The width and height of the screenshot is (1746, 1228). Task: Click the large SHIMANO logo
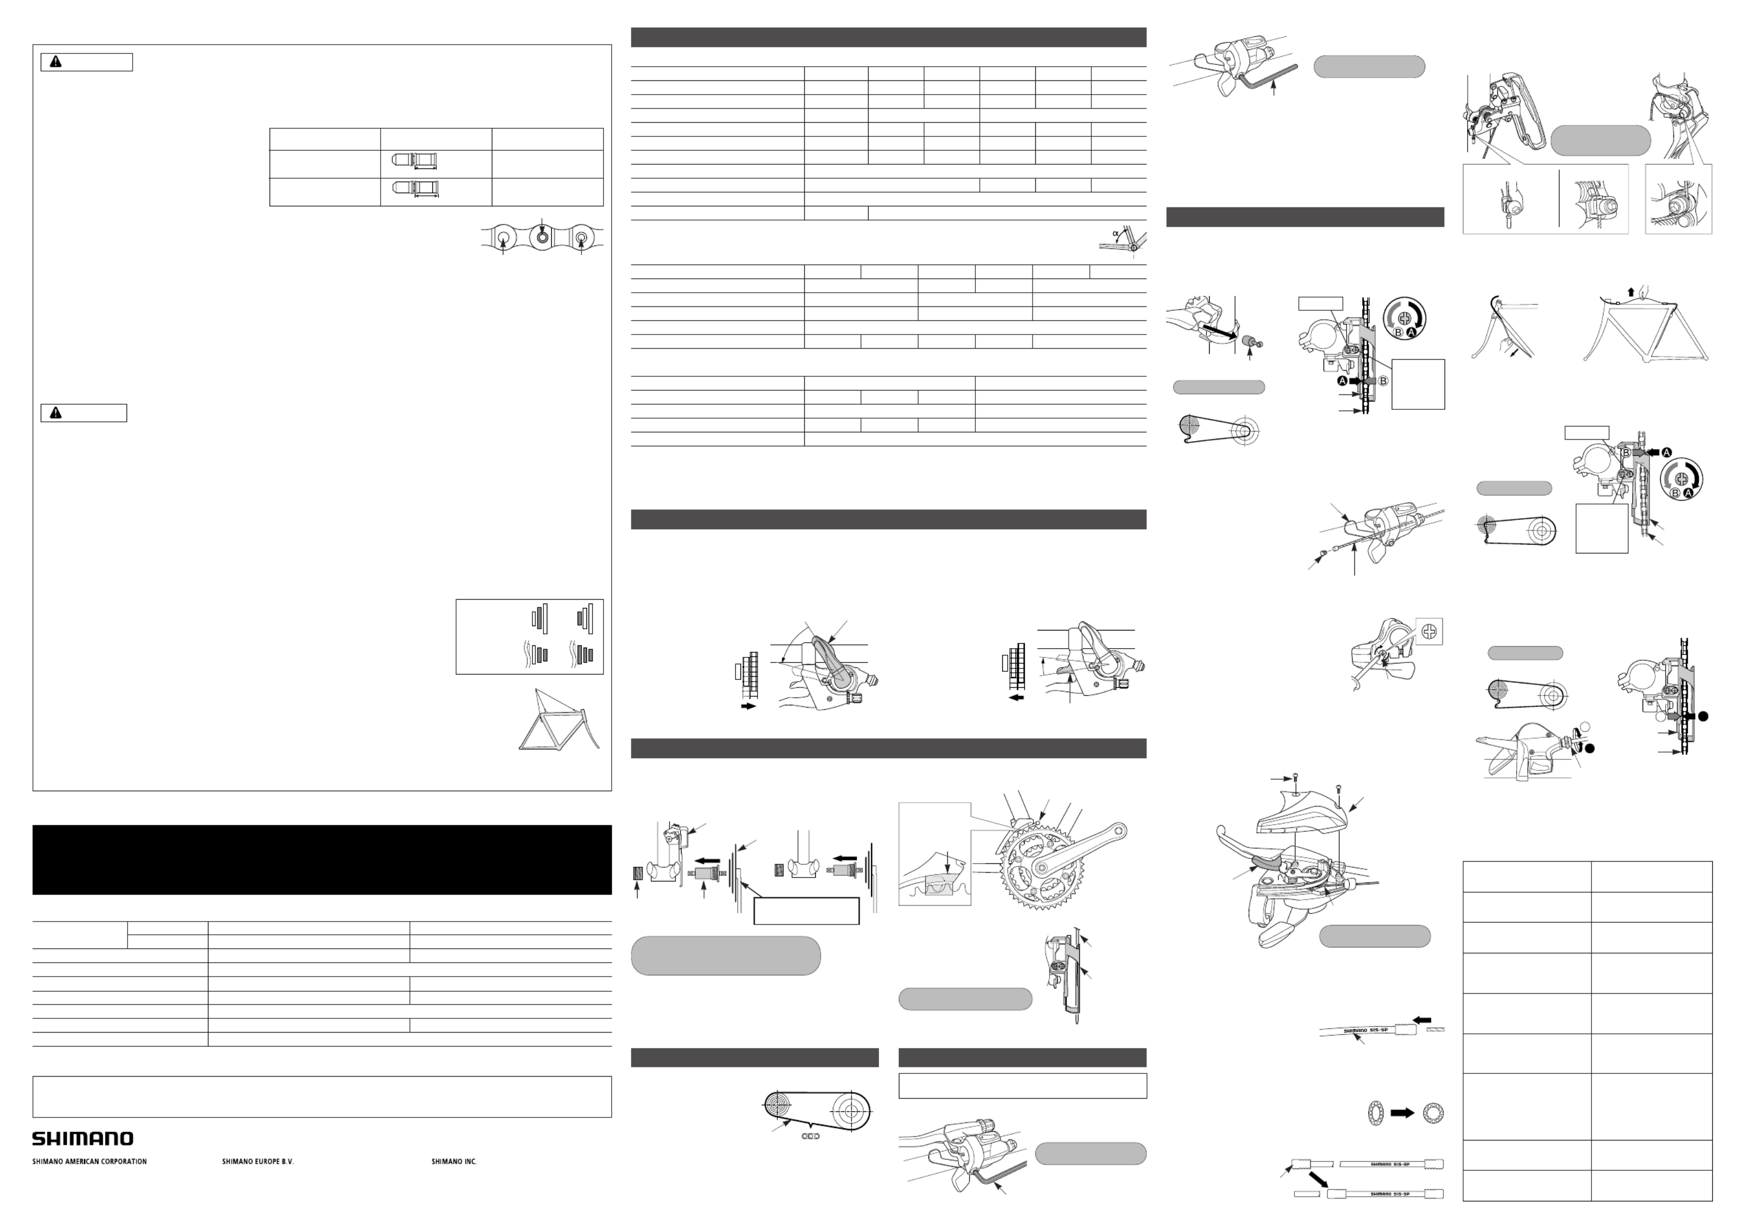[82, 1138]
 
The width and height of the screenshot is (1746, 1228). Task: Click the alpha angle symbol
[1116, 233]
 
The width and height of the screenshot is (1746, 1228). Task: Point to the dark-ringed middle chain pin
[541, 237]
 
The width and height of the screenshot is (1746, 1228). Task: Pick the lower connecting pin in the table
[414, 187]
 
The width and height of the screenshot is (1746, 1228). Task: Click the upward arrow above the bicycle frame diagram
[1645, 291]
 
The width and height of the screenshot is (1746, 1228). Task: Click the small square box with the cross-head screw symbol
[1430, 631]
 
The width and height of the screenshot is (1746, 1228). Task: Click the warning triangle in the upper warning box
[56, 62]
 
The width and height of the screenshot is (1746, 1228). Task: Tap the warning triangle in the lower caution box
[56, 413]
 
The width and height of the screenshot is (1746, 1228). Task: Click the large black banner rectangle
[322, 859]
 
